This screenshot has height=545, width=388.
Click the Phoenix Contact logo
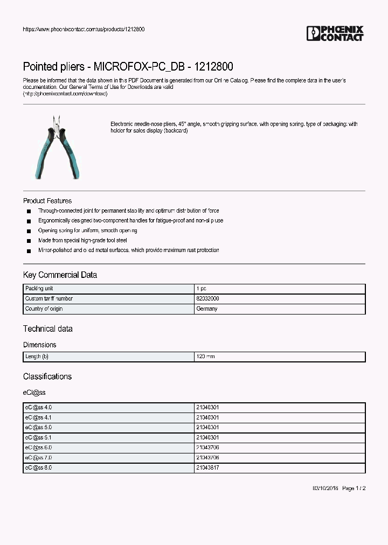coord(335,33)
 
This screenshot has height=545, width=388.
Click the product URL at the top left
coord(84,29)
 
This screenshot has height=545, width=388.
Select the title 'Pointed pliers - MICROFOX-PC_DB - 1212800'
coord(128,67)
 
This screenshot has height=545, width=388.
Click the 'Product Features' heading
coord(47,201)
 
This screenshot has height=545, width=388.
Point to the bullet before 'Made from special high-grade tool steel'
coord(29,241)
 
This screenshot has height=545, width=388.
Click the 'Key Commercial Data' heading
coord(60,275)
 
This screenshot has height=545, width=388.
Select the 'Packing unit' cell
coord(38,289)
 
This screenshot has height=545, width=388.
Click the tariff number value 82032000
coord(207,298)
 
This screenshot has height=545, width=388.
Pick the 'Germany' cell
coord(207,309)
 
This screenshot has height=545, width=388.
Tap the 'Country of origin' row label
coord(44,309)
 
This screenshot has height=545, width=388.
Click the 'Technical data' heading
coord(47,329)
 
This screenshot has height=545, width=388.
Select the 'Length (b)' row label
coord(37,357)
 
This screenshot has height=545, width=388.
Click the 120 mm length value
coord(206,357)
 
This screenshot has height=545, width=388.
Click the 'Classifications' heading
coord(47,376)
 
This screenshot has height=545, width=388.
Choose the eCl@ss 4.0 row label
coord(38,408)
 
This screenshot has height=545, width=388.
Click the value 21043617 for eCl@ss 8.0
coord(207,468)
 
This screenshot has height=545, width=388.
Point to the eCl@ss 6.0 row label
coord(38,448)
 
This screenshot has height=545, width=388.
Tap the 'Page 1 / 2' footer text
coord(354,488)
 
